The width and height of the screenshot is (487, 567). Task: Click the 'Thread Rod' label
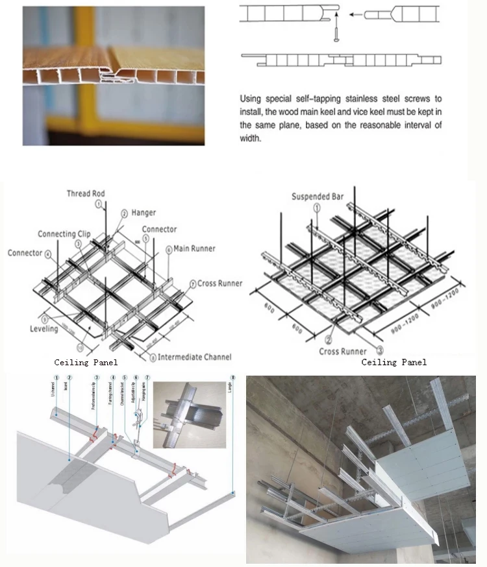click(x=85, y=193)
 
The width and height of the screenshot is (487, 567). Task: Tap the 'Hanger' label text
click(x=144, y=212)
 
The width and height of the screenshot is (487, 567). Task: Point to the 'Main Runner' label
click(x=194, y=248)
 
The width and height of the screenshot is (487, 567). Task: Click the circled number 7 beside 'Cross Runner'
click(x=192, y=283)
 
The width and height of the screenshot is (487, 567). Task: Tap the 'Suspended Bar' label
click(x=318, y=196)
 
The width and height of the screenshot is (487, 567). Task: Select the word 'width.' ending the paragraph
click(x=251, y=138)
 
